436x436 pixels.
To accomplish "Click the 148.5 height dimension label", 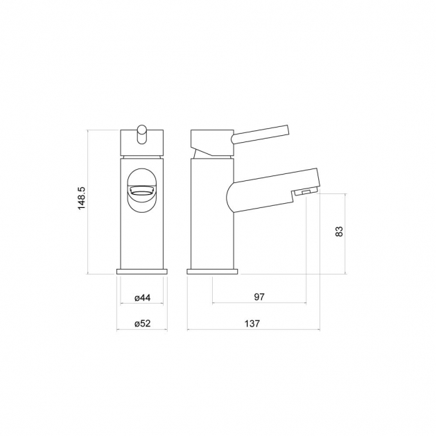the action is [x=82, y=198].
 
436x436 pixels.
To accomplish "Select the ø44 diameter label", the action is [x=142, y=298].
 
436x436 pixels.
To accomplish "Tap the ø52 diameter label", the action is [x=142, y=324].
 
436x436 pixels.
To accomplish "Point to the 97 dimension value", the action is [x=259, y=297].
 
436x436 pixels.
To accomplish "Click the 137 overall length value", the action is [x=252, y=324].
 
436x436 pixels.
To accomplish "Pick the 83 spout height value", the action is [x=339, y=232].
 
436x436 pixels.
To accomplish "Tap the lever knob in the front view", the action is [x=142, y=134].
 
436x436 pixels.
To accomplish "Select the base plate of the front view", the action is [x=142, y=272].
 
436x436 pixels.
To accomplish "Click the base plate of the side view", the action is [x=212, y=272].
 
